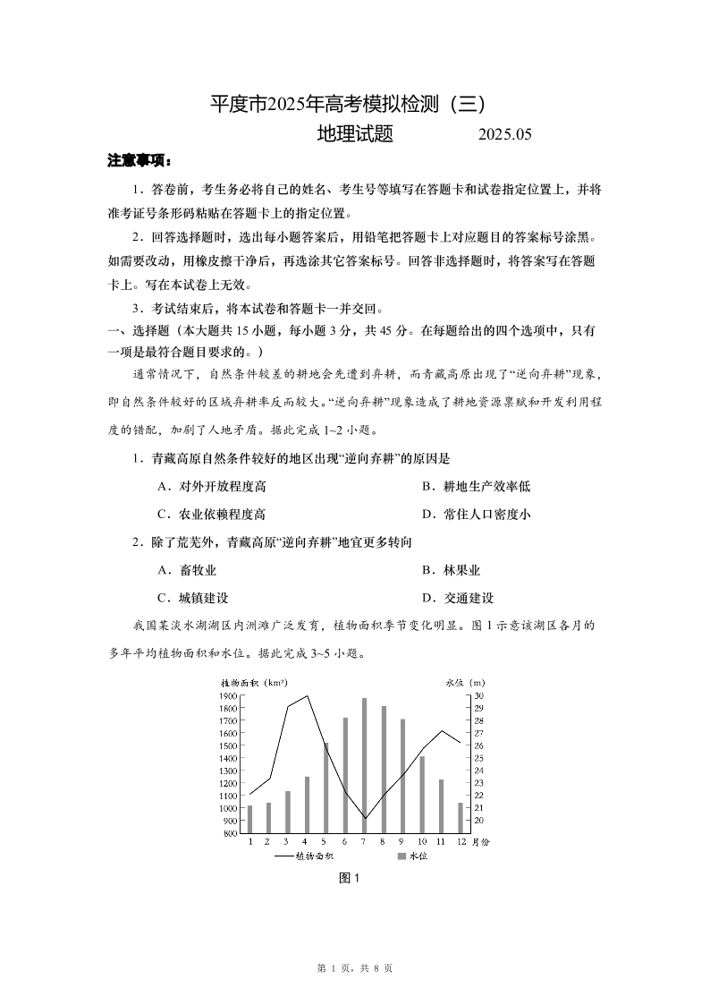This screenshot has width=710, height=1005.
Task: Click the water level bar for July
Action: click(x=364, y=765)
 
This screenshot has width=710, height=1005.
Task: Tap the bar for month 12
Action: click(x=461, y=817)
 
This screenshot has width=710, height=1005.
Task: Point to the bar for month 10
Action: click(x=422, y=794)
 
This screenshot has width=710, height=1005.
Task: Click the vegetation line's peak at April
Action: click(x=307, y=695)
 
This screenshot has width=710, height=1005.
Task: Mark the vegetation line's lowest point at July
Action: click(x=364, y=818)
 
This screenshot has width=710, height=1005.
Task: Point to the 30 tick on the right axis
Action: click(x=478, y=695)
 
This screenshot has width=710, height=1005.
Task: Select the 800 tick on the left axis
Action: click(x=228, y=833)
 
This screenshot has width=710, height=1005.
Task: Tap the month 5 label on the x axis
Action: click(x=325, y=842)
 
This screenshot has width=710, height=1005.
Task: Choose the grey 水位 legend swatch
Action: click(x=401, y=856)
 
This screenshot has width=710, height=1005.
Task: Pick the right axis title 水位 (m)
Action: click(x=465, y=683)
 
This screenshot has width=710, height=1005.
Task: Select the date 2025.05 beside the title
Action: click(x=505, y=135)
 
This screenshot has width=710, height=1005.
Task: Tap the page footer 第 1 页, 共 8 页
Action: click(x=355, y=968)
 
